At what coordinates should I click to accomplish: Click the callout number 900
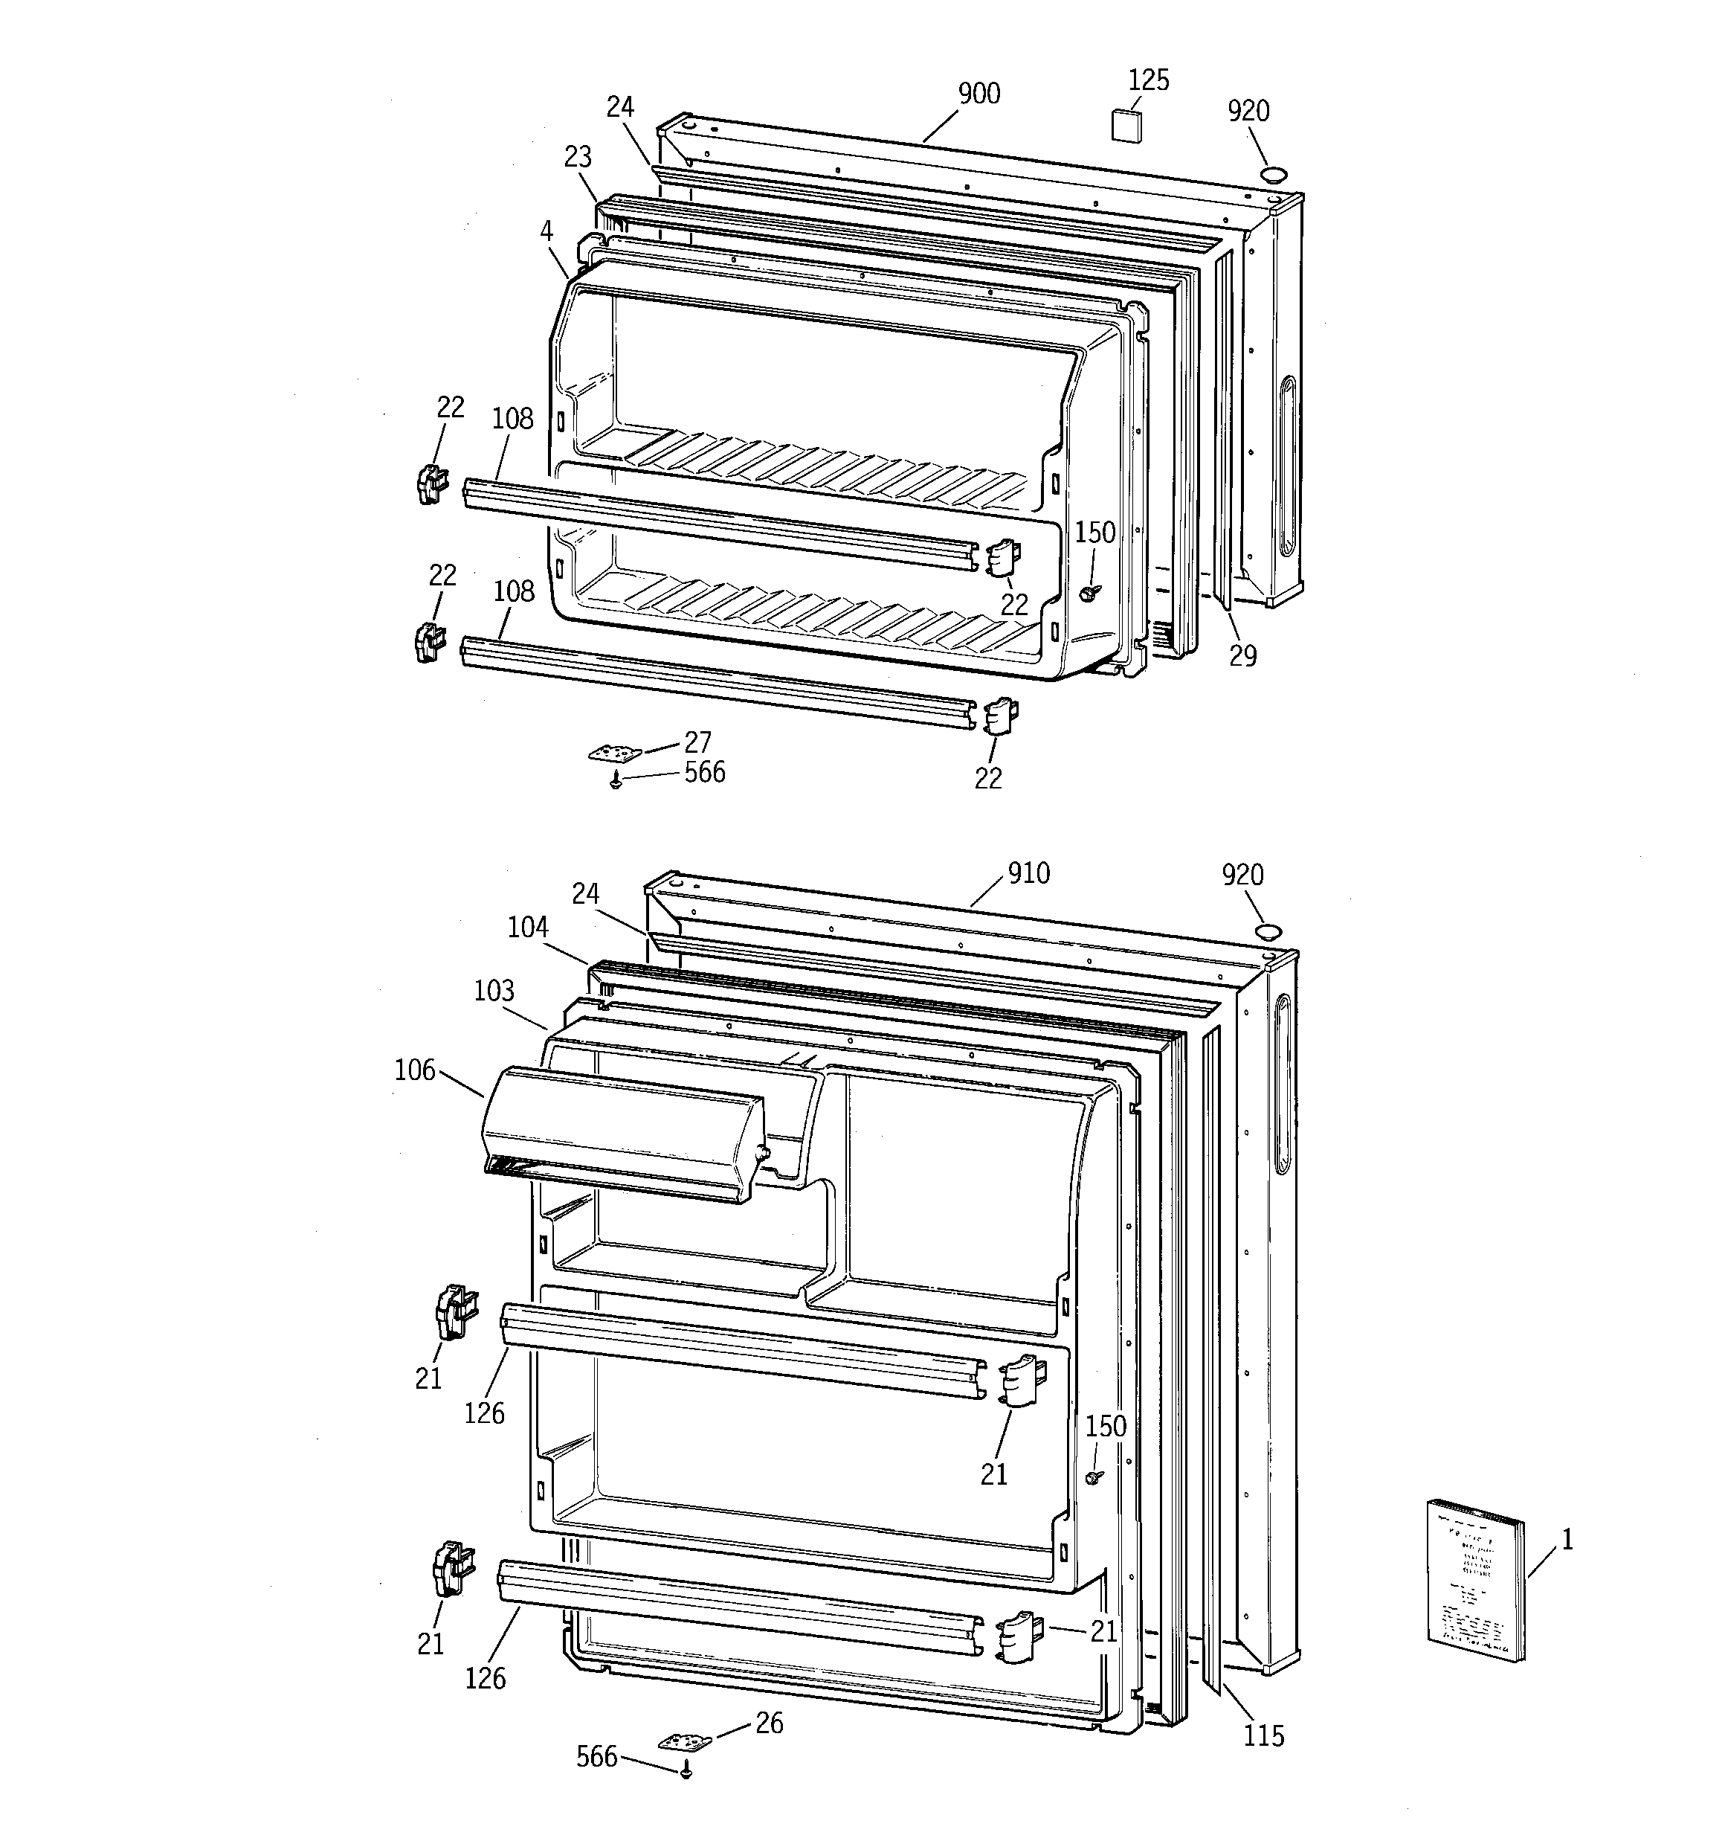pyautogui.click(x=978, y=94)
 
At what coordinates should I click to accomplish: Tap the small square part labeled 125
pyautogui.click(x=1125, y=125)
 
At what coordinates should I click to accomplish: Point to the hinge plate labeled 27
pyautogui.click(x=614, y=753)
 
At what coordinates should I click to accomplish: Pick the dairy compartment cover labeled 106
pyautogui.click(x=622, y=1134)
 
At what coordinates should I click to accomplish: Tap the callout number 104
pyautogui.click(x=528, y=927)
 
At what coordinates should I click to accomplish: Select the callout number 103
pyautogui.click(x=494, y=991)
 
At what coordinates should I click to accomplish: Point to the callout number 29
pyautogui.click(x=1242, y=655)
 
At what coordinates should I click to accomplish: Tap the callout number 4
pyautogui.click(x=547, y=231)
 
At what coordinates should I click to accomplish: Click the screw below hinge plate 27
pyautogui.click(x=616, y=783)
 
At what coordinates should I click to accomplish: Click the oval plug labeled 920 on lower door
pyautogui.click(x=1268, y=931)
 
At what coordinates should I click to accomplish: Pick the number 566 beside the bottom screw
pyautogui.click(x=596, y=1757)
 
